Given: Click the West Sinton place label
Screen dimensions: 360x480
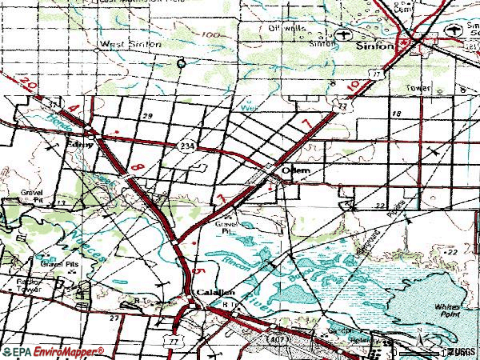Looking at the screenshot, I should [129, 44].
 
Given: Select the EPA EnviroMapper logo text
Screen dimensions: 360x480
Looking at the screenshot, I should [54, 351].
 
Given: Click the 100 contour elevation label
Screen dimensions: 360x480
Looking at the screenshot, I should [210, 35].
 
